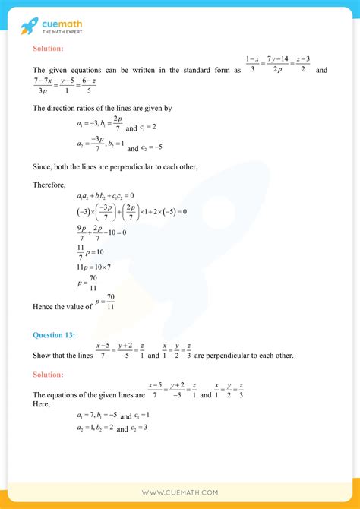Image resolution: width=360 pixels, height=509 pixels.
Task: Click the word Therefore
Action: coord(49,184)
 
